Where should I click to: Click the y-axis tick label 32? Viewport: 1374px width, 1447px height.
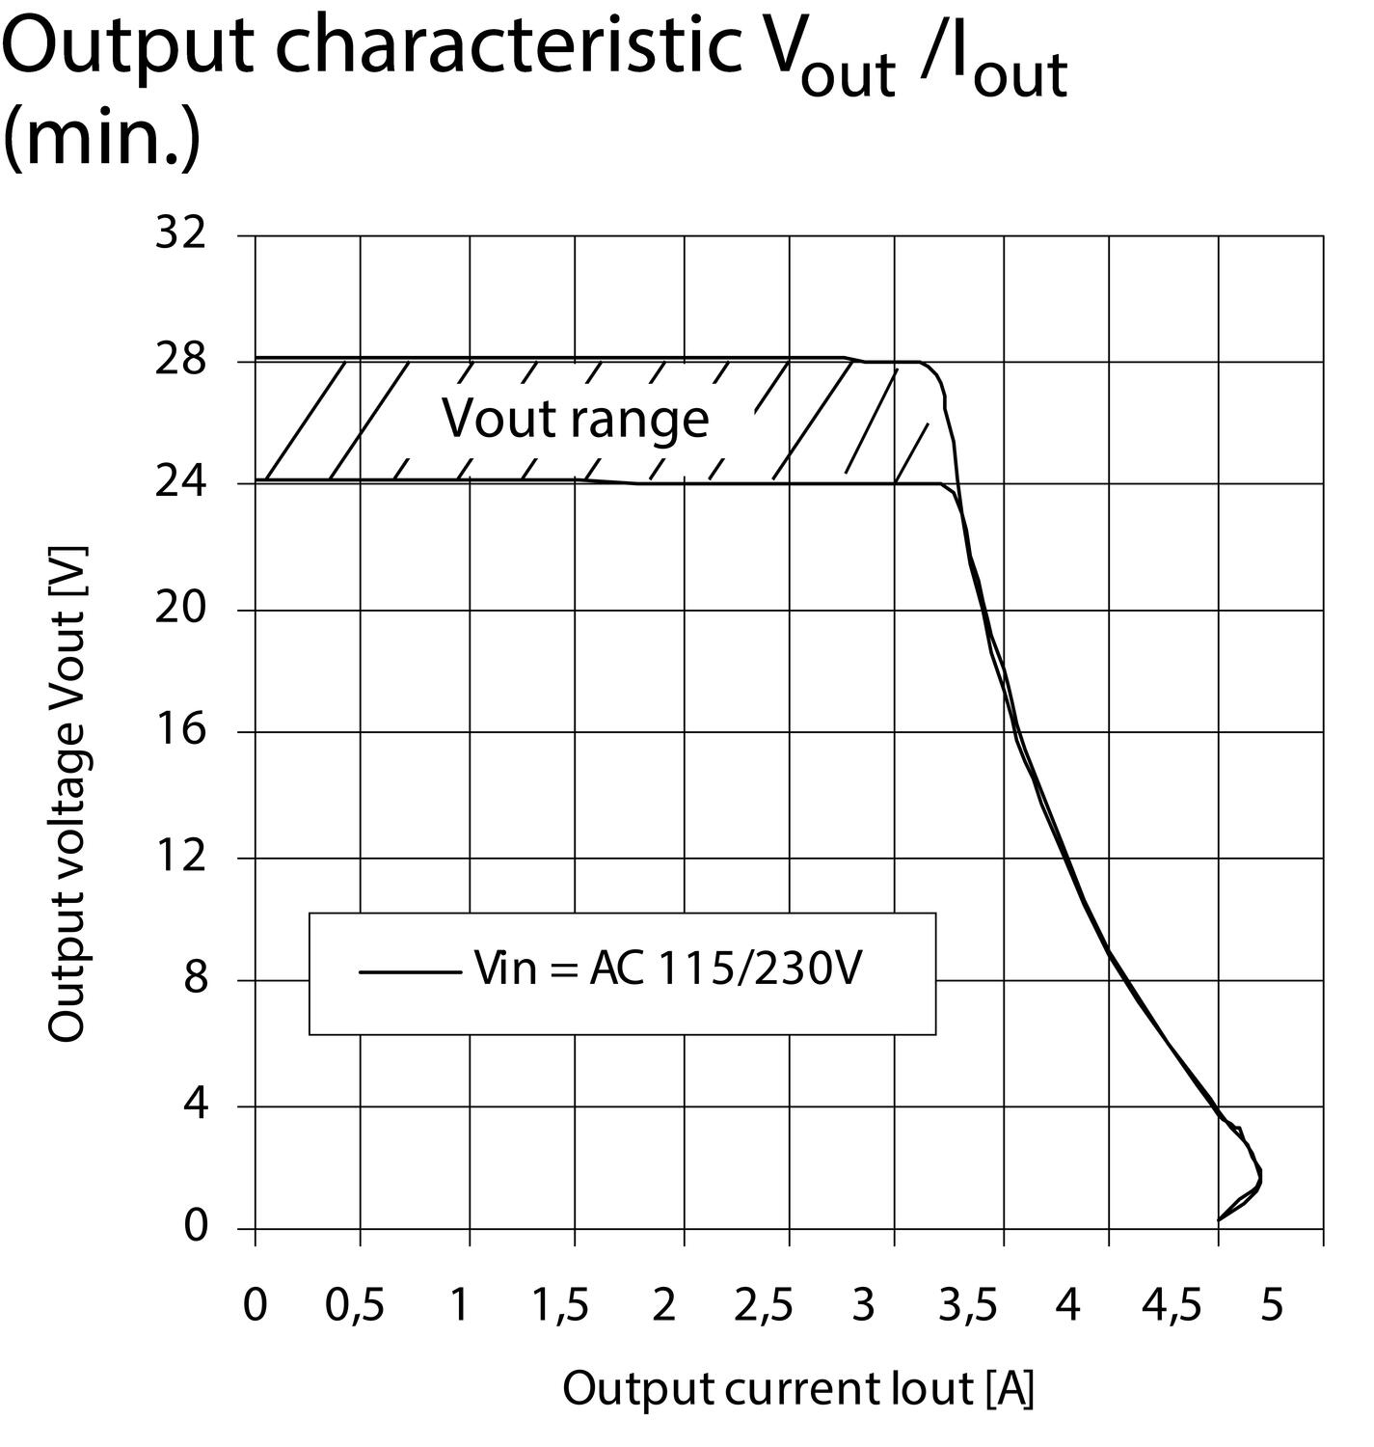coord(180,233)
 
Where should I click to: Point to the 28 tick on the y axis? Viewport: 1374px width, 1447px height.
coord(180,361)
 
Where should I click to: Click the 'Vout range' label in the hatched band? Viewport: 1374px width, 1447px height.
coord(576,419)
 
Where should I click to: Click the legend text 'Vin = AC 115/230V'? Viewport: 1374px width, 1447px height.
coord(667,968)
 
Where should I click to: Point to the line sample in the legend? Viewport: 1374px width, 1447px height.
coord(410,971)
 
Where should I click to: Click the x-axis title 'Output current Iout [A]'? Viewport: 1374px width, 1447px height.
coord(798,1389)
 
